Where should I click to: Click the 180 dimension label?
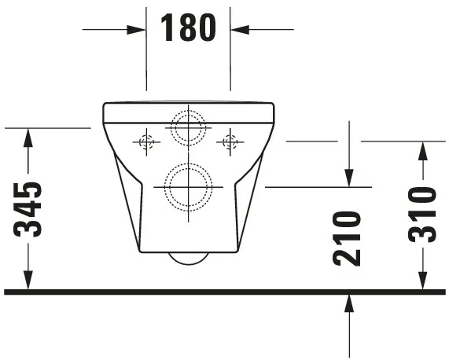click(188, 28)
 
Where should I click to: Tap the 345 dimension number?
click(29, 209)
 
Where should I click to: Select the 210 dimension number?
click(347, 237)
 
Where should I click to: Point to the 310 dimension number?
click(422, 213)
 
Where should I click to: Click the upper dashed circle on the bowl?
click(188, 127)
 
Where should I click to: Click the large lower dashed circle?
click(188, 187)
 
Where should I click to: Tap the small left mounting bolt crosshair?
click(146, 142)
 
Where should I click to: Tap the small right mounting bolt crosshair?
click(230, 142)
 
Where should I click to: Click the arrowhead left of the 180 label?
click(138, 30)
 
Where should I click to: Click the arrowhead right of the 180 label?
click(239, 30)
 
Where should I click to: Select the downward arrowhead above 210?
click(349, 178)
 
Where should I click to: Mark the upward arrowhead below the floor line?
click(349, 303)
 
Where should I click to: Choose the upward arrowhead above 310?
click(422, 150)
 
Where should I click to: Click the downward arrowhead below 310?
click(422, 281)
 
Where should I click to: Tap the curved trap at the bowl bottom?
click(189, 259)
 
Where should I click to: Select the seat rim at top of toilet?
click(188, 112)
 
